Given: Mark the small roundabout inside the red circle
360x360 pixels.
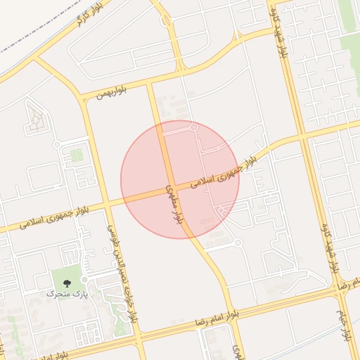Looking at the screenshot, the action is pos(194,128).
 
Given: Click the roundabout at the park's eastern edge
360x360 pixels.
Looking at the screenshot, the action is pos(84,279).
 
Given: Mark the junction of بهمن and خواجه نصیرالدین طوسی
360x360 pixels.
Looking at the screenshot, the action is pos(84,98).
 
